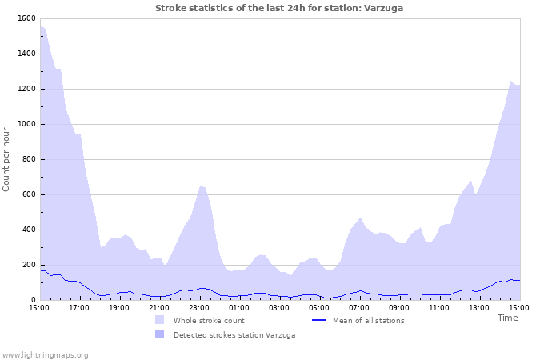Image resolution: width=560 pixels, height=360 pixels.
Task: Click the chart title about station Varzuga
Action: coord(279,8)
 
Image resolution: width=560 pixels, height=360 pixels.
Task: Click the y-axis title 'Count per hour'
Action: coord(7,158)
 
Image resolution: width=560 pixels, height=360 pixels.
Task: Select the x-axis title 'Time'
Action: coord(507,318)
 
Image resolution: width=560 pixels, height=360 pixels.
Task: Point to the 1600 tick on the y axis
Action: coord(25,18)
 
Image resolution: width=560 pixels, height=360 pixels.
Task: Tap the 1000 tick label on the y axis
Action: coord(25,124)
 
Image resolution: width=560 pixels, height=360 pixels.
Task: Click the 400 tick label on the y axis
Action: coord(27,230)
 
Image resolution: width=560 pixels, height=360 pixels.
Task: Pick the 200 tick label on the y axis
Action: coord(27,265)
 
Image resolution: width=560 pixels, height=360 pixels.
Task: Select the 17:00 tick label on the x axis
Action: coord(79,307)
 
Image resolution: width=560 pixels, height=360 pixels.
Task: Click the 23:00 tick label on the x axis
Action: coord(199,307)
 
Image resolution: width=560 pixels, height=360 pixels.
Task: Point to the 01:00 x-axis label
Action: coord(239,307)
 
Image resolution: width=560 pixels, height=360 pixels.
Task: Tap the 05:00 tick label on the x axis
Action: coord(319,307)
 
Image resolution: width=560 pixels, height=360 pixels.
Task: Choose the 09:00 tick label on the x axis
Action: coord(399,307)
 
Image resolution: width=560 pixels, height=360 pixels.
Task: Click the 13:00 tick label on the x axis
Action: coord(479,307)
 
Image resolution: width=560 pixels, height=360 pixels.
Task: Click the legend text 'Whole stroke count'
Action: coord(209,321)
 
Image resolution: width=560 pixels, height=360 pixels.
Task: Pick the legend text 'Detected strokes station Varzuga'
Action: coord(234,335)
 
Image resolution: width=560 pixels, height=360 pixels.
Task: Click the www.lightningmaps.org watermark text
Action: coord(45,354)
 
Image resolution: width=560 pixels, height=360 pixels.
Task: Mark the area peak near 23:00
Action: coord(201,186)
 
